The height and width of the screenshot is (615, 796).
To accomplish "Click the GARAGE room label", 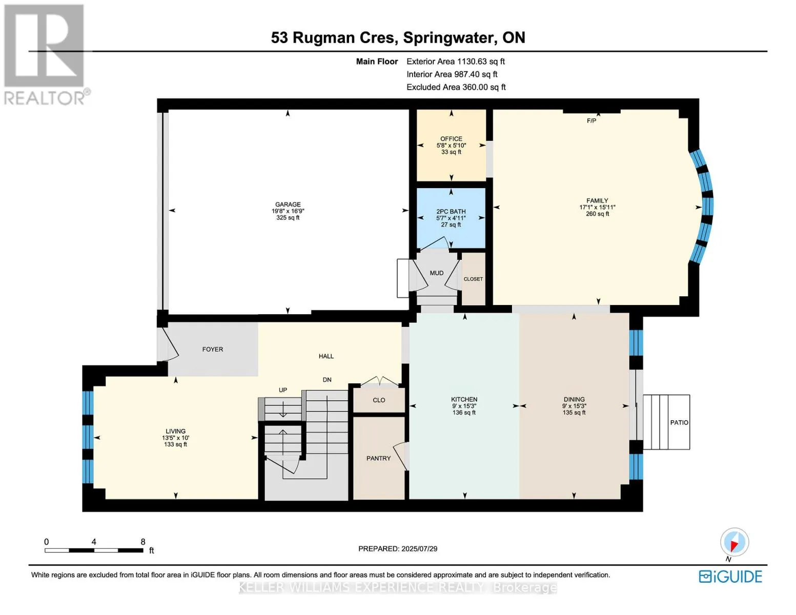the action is [288, 204].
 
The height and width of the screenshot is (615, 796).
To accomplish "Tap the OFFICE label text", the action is [451, 139].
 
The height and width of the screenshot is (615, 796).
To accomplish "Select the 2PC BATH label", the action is [451, 211].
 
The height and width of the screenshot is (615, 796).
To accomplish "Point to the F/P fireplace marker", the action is [591, 120].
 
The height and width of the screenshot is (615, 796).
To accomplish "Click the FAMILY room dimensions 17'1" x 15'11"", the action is [598, 207].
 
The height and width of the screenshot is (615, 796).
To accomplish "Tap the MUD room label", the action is [437, 273].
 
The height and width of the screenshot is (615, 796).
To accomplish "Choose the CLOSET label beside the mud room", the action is [473, 279].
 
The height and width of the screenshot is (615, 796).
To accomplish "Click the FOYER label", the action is [213, 350].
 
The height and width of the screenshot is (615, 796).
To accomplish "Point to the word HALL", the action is [326, 356].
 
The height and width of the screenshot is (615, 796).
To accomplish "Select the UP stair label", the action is [283, 390].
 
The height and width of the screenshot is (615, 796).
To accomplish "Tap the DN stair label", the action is [327, 380].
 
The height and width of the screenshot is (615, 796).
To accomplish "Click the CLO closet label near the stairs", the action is [379, 400].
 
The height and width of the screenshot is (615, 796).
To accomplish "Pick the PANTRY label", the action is [378, 458].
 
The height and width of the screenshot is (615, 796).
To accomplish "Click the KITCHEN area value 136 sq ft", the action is [464, 413].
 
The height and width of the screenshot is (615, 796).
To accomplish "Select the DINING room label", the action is [575, 399].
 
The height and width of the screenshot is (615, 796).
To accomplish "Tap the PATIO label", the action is [679, 422].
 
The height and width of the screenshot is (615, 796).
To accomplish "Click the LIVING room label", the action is [175, 431].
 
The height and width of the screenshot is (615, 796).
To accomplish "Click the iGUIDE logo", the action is [730, 577].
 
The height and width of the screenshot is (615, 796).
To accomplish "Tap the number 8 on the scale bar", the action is [143, 542].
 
